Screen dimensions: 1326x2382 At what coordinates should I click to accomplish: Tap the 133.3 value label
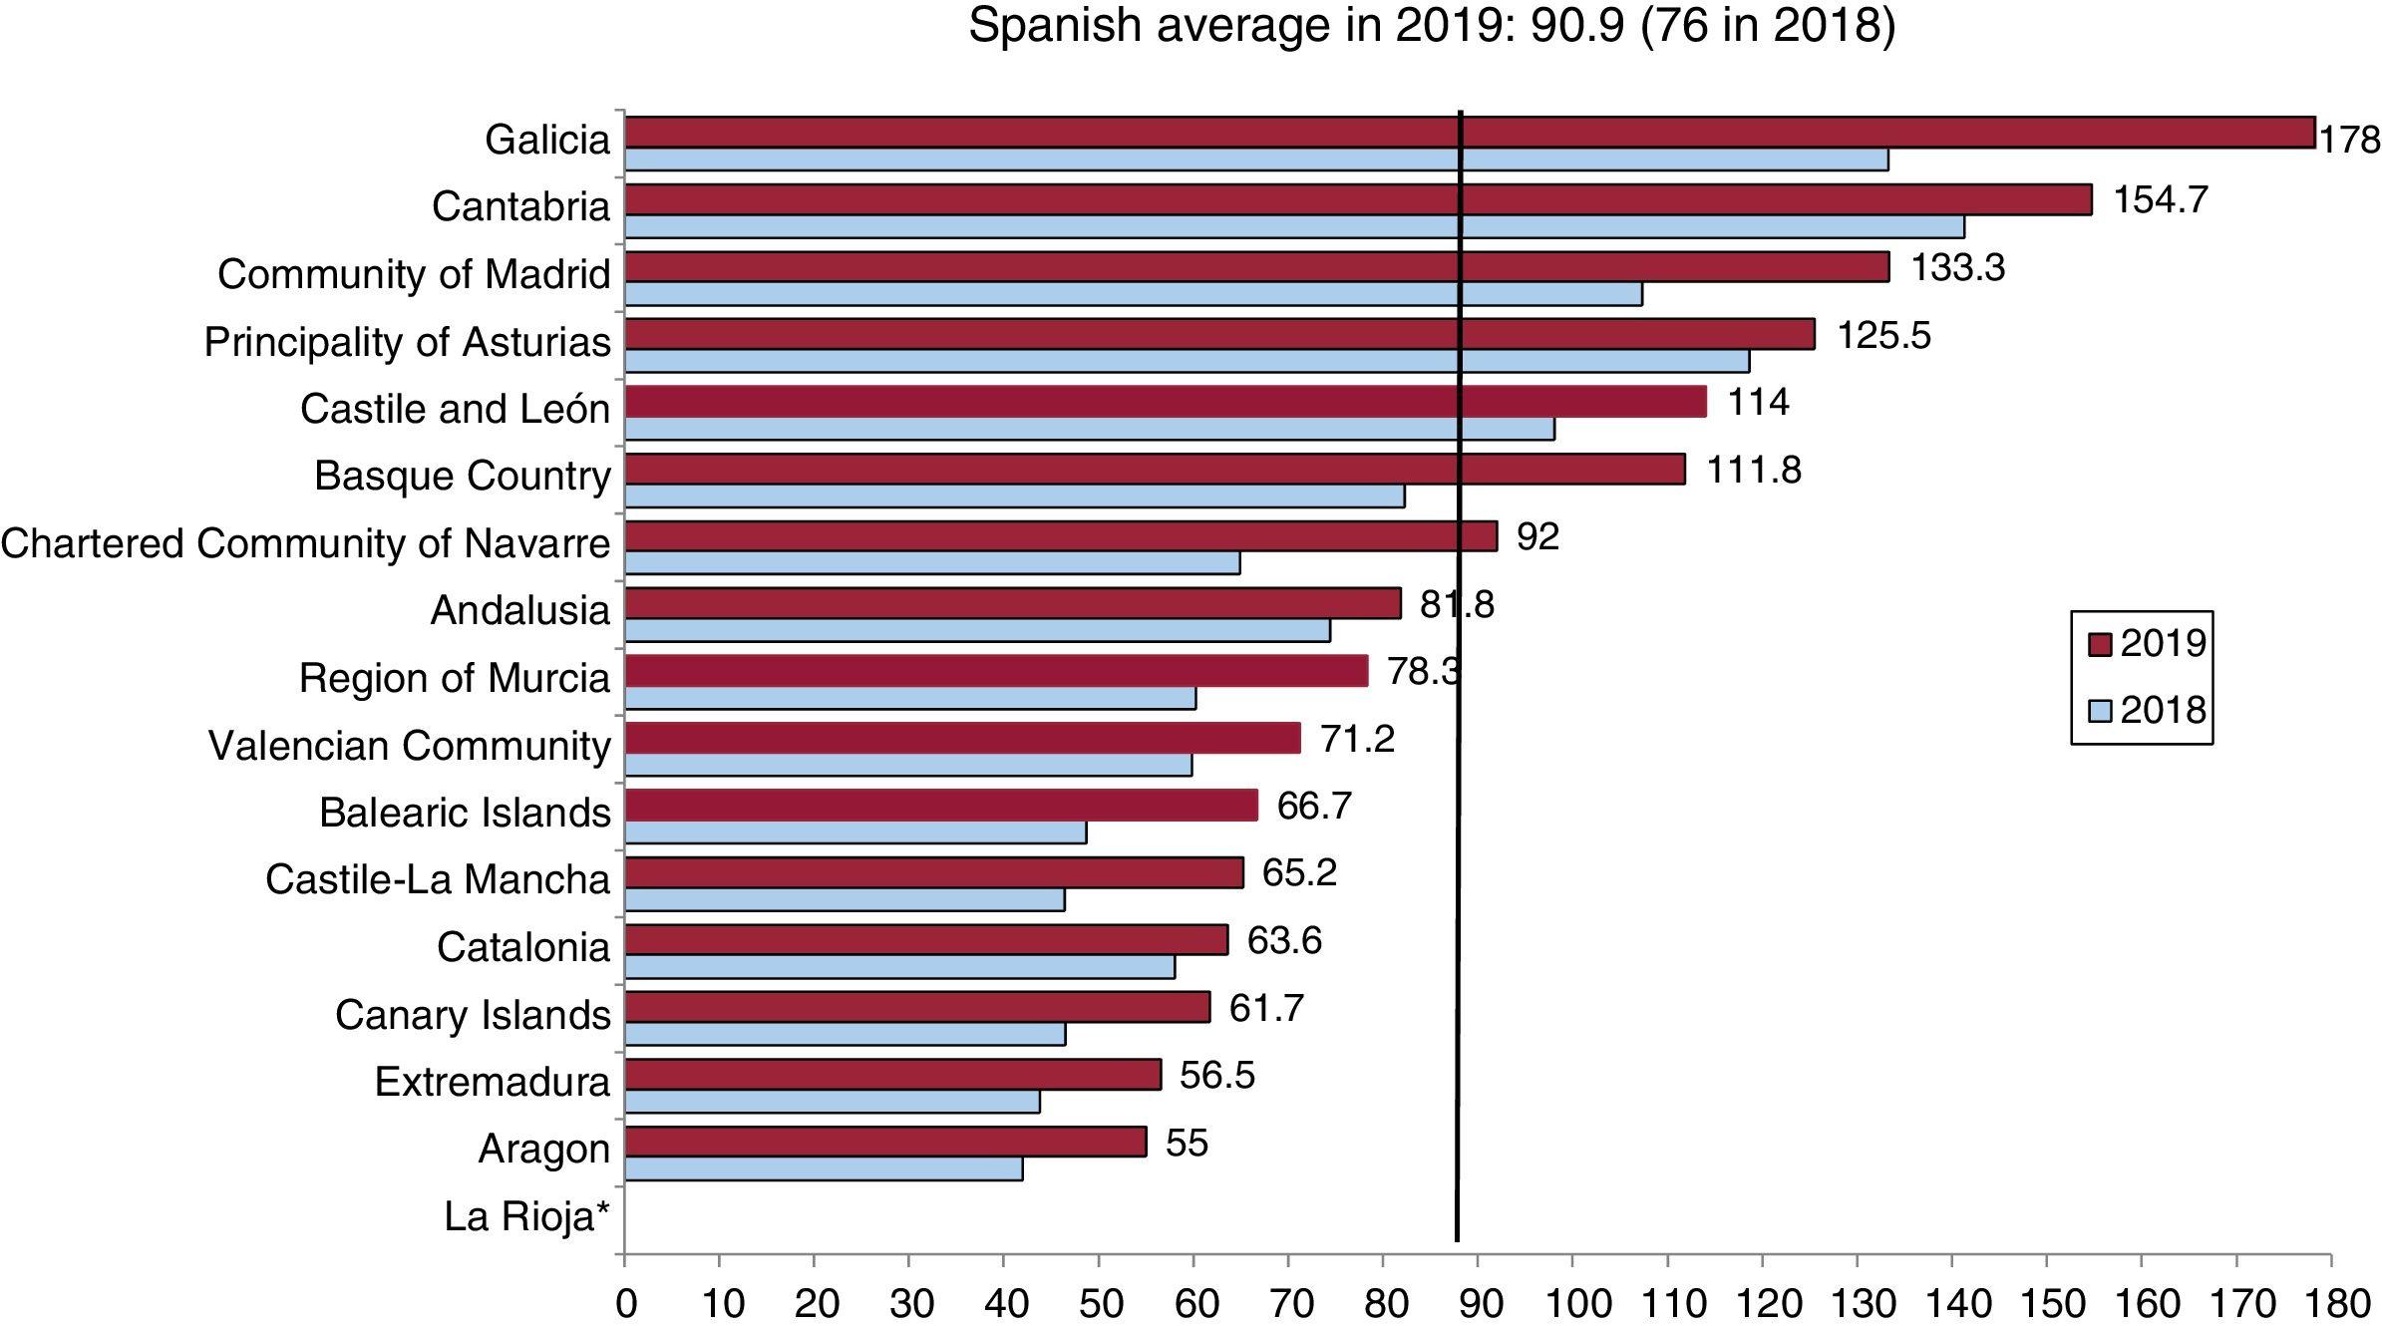point(1957,268)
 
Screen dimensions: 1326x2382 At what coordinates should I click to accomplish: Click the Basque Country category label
point(462,476)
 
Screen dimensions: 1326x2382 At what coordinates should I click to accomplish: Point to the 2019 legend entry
point(2148,644)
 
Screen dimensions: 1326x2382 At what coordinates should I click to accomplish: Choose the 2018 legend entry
point(2148,710)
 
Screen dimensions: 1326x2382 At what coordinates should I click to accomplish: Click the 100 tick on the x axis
point(1572,1304)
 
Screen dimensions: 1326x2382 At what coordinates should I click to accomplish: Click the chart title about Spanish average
point(1432,26)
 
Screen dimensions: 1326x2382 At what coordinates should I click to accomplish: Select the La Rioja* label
point(526,1216)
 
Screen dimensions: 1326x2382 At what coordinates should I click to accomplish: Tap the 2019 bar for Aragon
point(885,1142)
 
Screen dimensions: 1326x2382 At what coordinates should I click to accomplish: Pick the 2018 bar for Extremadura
point(832,1102)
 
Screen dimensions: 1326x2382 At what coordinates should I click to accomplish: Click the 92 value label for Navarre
point(1537,537)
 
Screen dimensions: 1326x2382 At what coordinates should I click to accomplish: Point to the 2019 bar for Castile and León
point(1165,402)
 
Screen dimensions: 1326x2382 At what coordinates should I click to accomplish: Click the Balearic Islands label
point(464,813)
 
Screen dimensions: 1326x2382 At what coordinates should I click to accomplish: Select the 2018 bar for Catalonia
point(899,967)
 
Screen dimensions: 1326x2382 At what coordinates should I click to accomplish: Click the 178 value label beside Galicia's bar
point(2350,141)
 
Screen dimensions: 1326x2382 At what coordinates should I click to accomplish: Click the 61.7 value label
point(1266,1008)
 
